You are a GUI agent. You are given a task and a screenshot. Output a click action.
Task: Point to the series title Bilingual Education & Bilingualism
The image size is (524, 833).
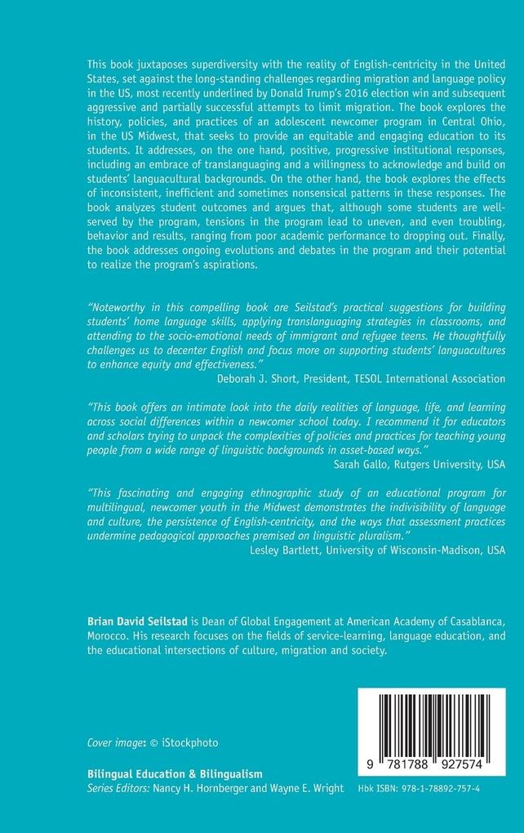pos(175,773)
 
